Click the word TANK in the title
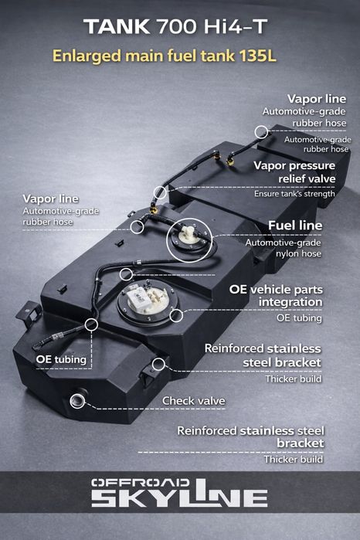(117, 26)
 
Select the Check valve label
(194, 401)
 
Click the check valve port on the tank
(78, 400)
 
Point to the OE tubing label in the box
(61, 359)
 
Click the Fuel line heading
(295, 226)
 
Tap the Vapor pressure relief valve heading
(294, 172)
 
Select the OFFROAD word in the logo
(141, 483)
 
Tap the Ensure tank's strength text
(294, 194)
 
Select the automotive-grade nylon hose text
(284, 248)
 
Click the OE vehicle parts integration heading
(276, 296)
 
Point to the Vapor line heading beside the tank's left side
(50, 199)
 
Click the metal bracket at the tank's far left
(29, 313)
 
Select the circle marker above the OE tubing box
(91, 324)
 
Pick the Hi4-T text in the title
(236, 26)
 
